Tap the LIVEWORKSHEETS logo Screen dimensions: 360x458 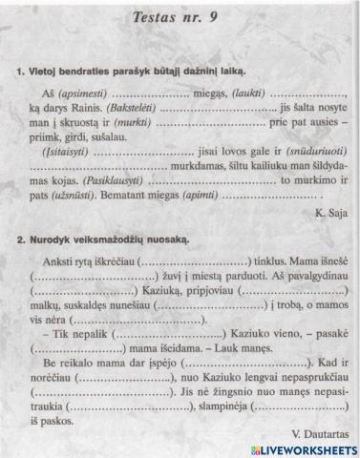(x=297, y=448)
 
